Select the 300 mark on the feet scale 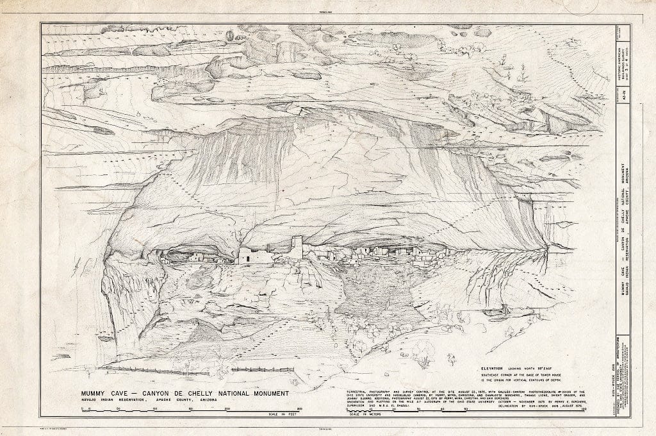[299, 408]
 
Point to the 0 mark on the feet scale [90, 408]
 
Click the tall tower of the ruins [297, 247]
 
